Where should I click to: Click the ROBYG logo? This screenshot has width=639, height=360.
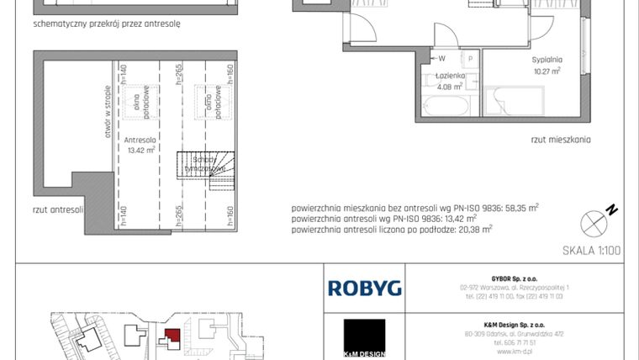coord(364,289)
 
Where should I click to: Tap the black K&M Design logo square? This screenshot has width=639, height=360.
coord(364,337)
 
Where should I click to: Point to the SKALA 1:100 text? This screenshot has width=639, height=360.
coord(590,250)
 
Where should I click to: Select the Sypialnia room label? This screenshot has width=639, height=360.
coord(547,60)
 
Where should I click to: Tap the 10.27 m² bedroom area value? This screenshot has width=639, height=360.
coord(547,71)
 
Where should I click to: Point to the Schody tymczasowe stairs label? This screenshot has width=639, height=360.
coord(205,164)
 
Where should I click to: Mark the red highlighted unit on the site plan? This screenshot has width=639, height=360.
coord(172,336)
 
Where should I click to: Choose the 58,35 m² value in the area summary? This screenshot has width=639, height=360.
coord(516,205)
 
